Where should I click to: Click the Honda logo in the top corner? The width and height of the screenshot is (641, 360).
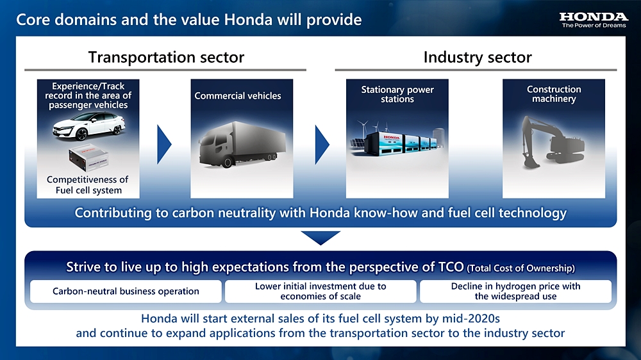point(594,20)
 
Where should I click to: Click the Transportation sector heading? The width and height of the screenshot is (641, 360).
point(166,57)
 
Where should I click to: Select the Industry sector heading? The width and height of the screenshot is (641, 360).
point(478,57)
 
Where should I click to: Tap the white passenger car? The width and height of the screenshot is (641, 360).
point(88,126)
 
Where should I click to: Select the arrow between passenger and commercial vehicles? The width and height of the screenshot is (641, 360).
point(163,145)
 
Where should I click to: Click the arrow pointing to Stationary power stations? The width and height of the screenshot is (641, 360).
point(322,145)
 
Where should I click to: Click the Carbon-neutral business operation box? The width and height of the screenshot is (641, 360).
point(126,291)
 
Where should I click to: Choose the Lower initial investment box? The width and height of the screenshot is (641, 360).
point(320,291)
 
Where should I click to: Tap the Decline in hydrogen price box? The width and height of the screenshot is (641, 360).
point(515,291)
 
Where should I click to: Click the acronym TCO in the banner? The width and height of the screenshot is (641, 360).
point(451,267)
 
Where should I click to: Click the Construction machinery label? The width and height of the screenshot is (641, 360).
point(554,94)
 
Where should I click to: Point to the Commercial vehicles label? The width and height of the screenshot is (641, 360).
point(238,96)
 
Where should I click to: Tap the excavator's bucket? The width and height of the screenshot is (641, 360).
point(531,162)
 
